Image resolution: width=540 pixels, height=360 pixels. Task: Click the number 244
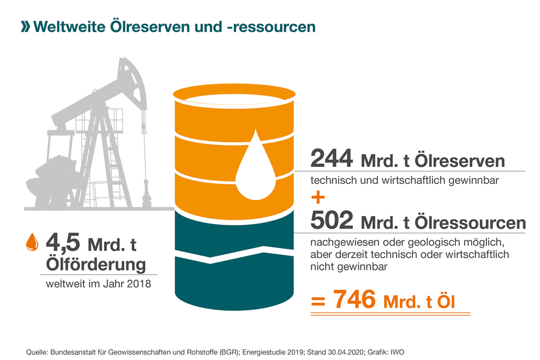pos(332,159)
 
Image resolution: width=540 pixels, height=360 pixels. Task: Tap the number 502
pos(332,220)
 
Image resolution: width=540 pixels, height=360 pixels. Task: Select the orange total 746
pos(354,299)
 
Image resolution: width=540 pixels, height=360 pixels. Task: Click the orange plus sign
pos(318,198)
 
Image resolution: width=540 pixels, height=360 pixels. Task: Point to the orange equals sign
pos(318,301)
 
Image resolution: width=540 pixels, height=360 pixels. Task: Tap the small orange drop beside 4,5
pos(32,242)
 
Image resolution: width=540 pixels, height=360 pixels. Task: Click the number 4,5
pos(63,243)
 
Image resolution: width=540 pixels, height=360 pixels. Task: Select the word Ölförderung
pos(96,264)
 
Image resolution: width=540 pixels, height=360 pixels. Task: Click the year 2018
pos(139,284)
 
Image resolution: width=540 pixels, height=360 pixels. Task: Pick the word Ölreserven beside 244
pos(459,161)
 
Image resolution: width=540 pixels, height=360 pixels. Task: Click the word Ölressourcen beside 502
pos(470,223)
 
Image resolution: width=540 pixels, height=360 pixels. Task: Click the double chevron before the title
pos(26,27)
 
